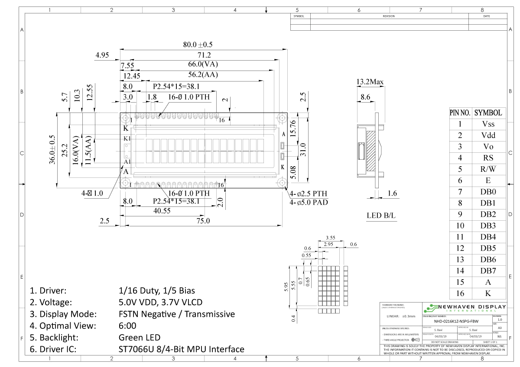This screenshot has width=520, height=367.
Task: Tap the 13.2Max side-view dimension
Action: [370, 82]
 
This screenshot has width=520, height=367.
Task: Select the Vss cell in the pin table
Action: [488, 124]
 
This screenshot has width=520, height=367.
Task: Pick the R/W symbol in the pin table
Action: [488, 169]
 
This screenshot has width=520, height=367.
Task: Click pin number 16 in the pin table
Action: [460, 293]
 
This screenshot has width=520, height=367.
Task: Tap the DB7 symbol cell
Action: [488, 270]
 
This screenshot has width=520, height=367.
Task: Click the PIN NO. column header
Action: [460, 113]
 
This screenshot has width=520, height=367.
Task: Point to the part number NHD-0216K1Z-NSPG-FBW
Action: [456, 321]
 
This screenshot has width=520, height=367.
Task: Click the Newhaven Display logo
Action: [464, 308]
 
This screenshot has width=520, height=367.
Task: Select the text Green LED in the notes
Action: [139, 337]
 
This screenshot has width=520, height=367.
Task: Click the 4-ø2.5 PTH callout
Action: [309, 193]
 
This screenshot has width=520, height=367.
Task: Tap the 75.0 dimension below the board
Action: [202, 221]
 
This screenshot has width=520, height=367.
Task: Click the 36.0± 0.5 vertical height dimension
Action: [52, 149]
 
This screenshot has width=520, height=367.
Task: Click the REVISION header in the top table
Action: [389, 16]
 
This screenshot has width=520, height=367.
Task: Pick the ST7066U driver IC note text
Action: [181, 349]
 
